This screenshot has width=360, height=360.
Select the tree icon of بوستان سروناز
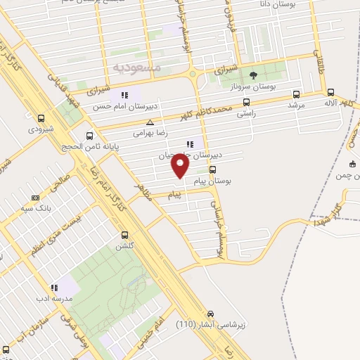click(254, 75)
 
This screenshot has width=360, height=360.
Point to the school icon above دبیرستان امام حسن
click(124, 95)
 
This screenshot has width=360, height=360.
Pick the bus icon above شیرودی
click(41, 119)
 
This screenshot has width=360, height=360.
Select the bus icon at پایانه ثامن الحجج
click(89, 136)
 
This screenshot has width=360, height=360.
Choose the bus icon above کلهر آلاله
click(330, 91)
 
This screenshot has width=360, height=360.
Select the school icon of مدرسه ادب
click(53, 288)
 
